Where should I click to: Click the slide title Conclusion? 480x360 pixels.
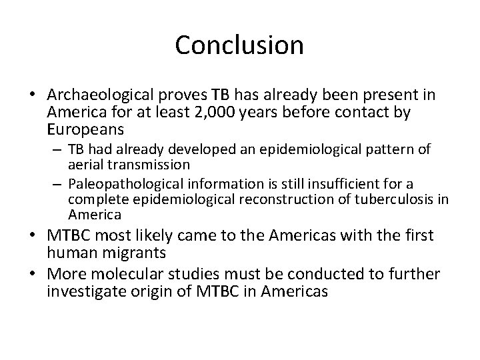click(239, 45)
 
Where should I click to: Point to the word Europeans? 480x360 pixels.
click(88, 130)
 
